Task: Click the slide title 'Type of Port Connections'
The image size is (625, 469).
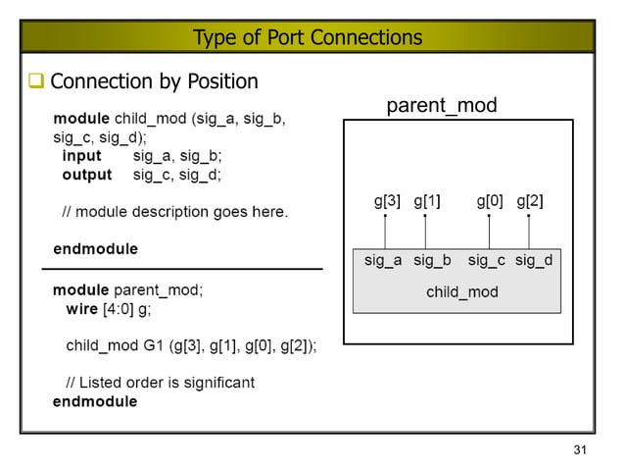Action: (x=308, y=37)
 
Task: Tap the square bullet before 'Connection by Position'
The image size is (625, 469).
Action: (x=35, y=81)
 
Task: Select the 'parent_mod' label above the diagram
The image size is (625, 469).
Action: (x=441, y=105)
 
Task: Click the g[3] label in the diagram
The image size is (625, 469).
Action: (x=387, y=201)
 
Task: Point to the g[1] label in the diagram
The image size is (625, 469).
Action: (x=426, y=201)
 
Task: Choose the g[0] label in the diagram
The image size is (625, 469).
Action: (x=490, y=201)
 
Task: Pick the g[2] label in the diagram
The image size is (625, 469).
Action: (x=529, y=201)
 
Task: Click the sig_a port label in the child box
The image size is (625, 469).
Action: (x=383, y=261)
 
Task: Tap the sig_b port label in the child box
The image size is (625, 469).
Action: (x=432, y=261)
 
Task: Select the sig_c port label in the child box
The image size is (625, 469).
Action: (x=486, y=261)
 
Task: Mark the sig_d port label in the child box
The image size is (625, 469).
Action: (x=534, y=261)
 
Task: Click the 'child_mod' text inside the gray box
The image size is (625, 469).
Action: (x=461, y=292)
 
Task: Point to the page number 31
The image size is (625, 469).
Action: (x=579, y=450)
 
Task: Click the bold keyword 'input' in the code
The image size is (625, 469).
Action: (x=81, y=156)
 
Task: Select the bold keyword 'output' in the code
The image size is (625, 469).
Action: (x=86, y=175)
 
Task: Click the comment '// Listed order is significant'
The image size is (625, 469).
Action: (x=160, y=382)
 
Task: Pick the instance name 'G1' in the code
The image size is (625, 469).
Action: (x=152, y=345)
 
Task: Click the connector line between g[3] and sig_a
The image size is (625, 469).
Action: (x=385, y=233)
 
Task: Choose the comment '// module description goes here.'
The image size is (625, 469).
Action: (x=174, y=211)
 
